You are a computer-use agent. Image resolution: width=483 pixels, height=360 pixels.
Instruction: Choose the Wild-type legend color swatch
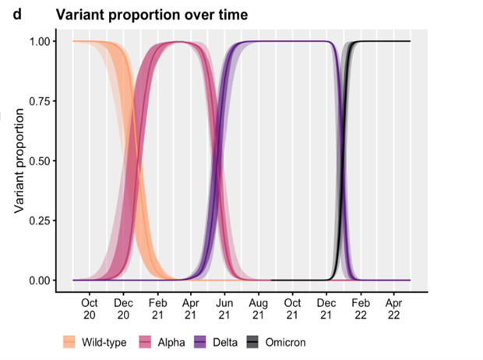(70, 343)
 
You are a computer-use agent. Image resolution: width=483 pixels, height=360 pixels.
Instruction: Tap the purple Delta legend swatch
(200, 343)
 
